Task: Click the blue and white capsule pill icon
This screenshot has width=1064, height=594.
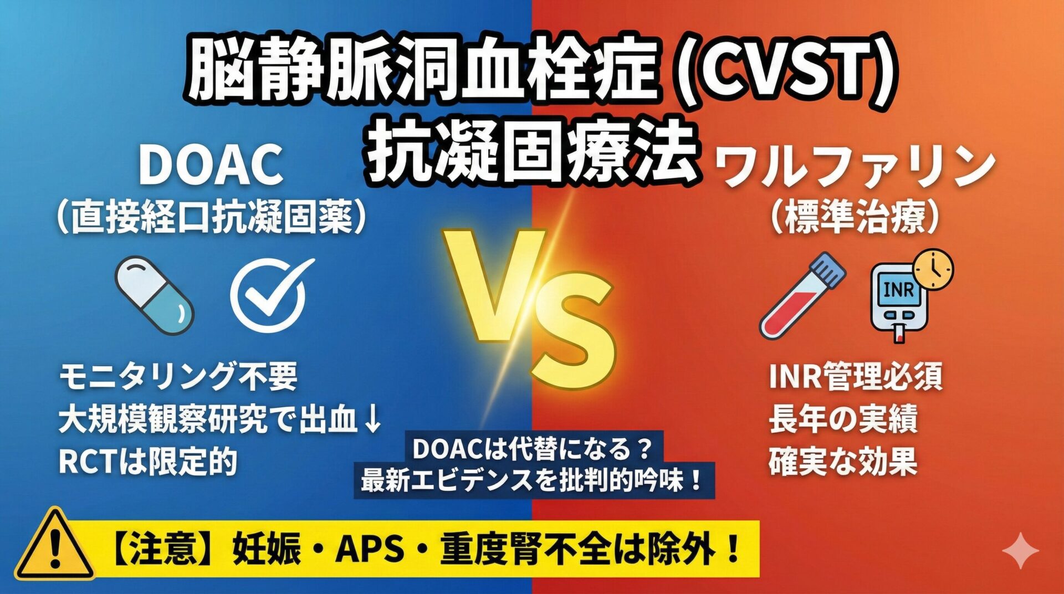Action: pos(154,296)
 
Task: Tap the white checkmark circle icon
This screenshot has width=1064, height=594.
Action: pos(268,295)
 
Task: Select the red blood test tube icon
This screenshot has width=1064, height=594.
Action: pos(802,296)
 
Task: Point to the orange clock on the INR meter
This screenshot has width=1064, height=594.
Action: pos(934,270)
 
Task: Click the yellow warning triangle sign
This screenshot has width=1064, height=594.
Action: pos(55,544)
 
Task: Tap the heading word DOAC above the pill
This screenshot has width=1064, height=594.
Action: pos(211,165)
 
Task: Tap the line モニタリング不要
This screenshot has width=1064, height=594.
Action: pos(178,376)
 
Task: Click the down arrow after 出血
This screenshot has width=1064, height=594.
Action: pos(374,419)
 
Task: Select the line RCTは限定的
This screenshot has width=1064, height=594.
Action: pos(148,461)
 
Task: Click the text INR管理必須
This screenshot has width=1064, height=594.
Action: pos(855,376)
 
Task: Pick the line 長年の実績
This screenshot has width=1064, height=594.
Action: pos(843,419)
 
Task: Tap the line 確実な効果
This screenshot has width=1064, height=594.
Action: pos(843,461)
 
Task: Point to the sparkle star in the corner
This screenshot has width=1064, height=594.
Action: pos(1021,550)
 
